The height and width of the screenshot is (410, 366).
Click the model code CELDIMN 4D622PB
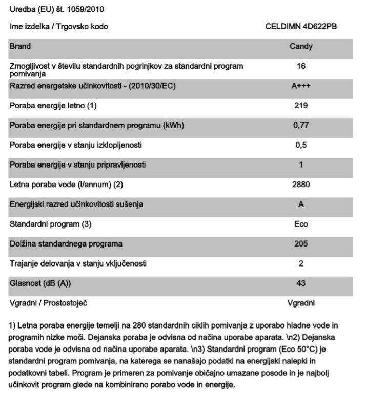pos(300,26)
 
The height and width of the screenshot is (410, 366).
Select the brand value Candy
pos(301,46)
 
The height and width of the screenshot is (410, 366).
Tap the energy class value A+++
pos(301,86)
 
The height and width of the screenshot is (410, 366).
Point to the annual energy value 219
pos(301,106)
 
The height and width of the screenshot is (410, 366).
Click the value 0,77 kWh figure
pos(301,126)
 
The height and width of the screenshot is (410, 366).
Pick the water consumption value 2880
pos(301,184)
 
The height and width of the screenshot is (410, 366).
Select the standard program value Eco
pos(301,224)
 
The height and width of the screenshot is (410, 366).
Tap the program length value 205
pos(301,244)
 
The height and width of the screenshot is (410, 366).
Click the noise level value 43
pos(301,283)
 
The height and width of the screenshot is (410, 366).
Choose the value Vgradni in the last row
pos(301,303)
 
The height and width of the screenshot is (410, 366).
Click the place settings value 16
pos(301,66)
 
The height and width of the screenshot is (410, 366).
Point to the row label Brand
pos(21,46)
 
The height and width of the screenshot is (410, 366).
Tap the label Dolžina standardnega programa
pos(66,244)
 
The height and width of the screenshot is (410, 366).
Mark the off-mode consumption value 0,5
pos(301,145)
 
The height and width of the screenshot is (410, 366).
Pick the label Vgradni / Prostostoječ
pos(49,303)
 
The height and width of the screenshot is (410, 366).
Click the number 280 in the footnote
pos(140,326)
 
